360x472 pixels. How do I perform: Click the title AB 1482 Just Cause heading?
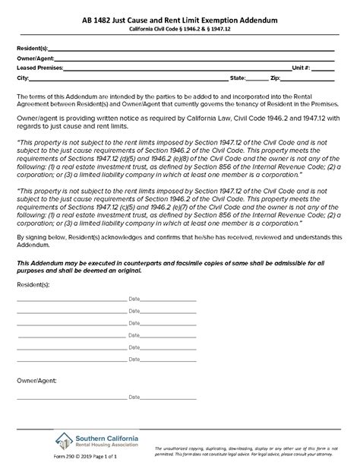[x=180, y=26]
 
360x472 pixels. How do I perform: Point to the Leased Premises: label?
[x=39, y=68]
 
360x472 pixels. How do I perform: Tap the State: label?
[x=237, y=78]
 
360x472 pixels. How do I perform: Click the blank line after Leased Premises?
[x=175, y=70]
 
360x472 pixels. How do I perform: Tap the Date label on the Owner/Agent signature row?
[x=134, y=397]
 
